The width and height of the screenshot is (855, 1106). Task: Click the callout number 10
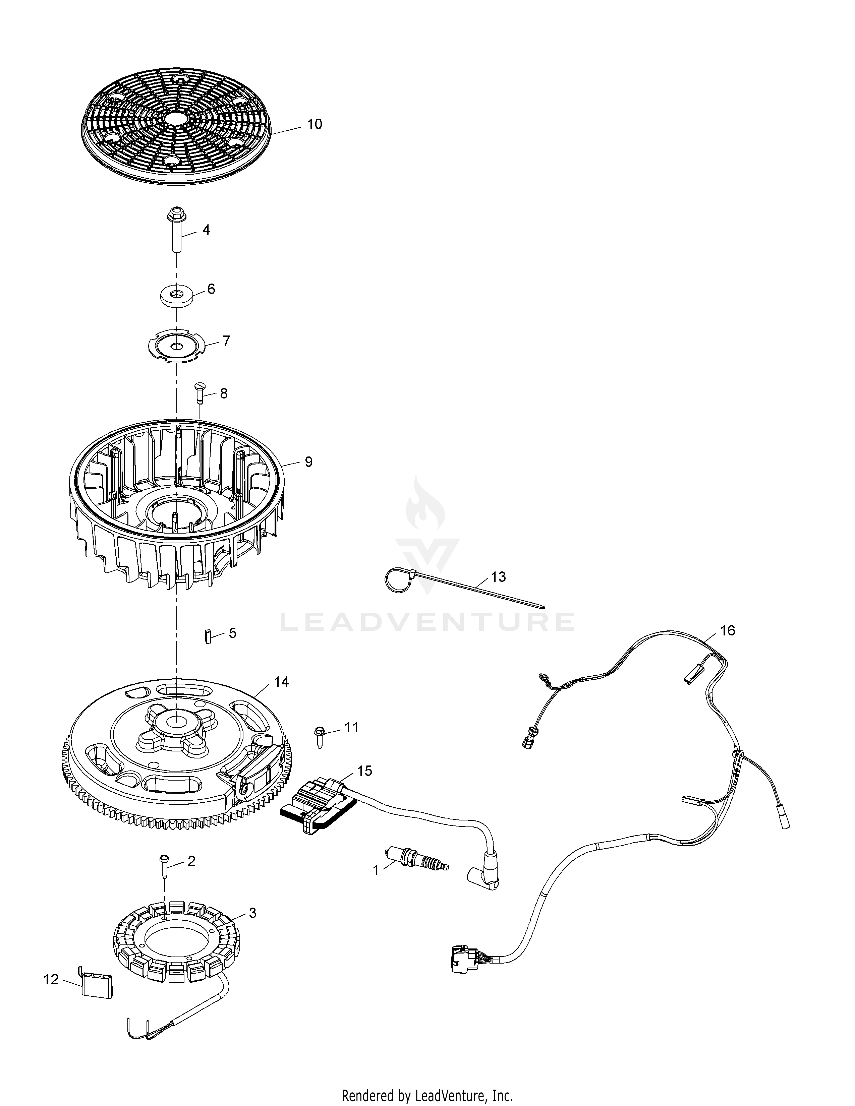pyautogui.click(x=315, y=124)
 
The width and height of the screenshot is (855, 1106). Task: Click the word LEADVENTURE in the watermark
pyautogui.click(x=427, y=622)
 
